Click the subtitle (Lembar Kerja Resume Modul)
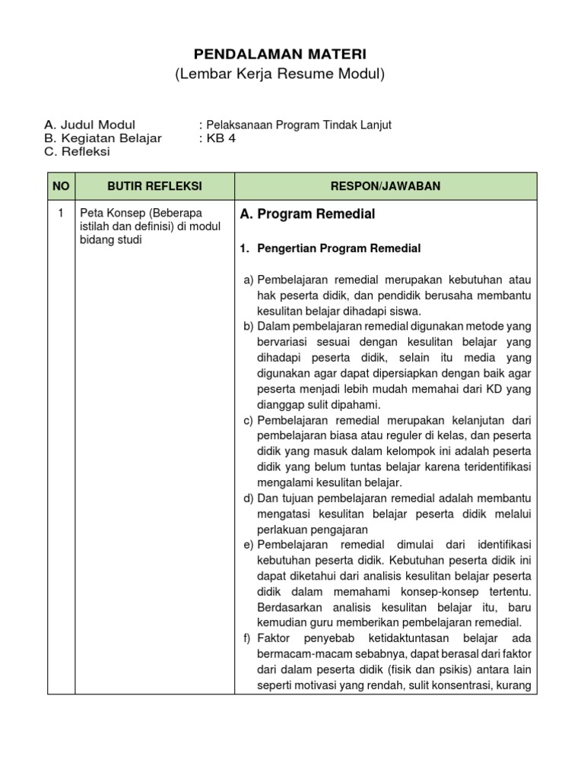tap(281, 74)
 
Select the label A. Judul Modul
tap(90, 125)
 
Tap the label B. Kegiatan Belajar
tap(103, 138)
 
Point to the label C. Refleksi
tap(78, 151)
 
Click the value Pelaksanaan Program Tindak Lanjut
tap(297, 125)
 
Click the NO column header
tap(61, 186)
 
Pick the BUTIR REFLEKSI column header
tap(154, 186)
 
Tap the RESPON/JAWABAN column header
tap(386, 186)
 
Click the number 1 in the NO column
tap(61, 213)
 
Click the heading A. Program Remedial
tap(307, 214)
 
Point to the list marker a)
tap(249, 280)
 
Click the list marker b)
tap(249, 326)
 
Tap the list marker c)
tap(249, 420)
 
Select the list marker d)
tap(249, 498)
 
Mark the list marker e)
tap(249, 545)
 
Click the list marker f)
tap(248, 639)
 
